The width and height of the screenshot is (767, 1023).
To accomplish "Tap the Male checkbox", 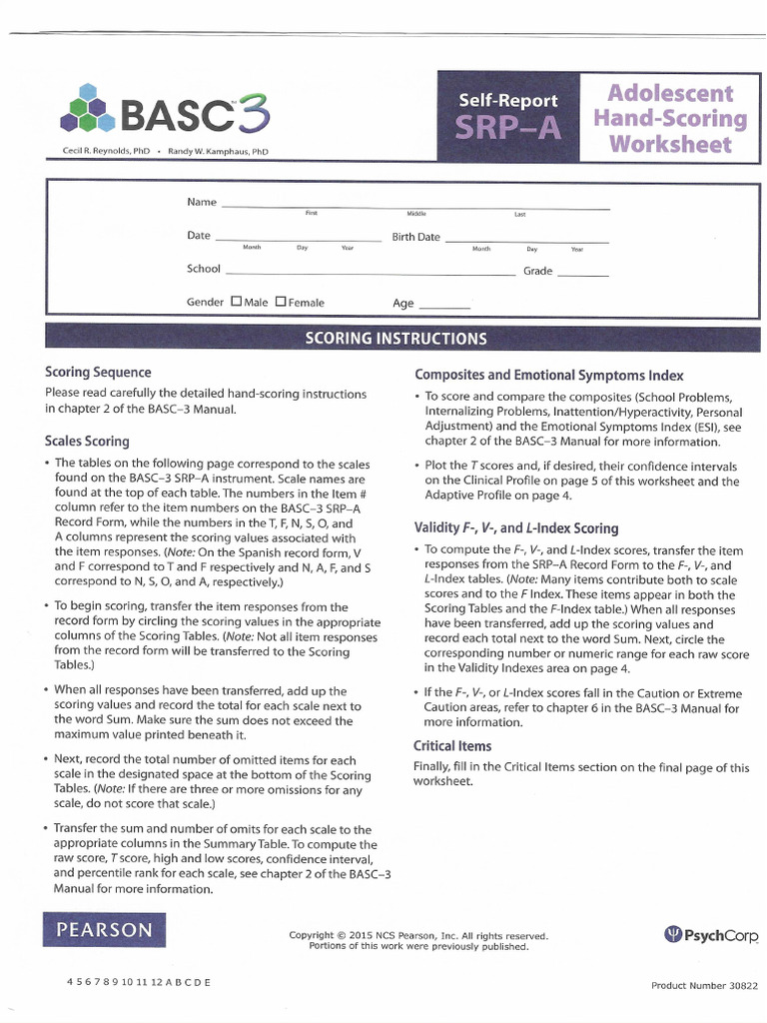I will tap(236, 302).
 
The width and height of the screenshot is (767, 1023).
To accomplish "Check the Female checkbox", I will tap(281, 302).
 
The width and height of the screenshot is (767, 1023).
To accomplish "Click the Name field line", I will tap(414, 206).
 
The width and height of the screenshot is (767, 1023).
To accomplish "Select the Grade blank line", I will tap(582, 273).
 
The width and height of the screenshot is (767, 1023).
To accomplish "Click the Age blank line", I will tap(443, 306).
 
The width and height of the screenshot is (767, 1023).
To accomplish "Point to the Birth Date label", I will tap(415, 237).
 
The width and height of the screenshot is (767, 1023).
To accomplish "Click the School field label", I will tap(203, 269).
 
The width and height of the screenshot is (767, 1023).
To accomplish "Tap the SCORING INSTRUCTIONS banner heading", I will tap(395, 338).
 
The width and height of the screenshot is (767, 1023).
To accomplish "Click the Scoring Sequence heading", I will tap(98, 372).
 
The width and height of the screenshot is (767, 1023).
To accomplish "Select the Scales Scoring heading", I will tap(87, 441).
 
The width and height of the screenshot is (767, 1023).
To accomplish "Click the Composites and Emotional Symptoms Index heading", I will tap(548, 376).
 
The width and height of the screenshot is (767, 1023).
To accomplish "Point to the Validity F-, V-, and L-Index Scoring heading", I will tap(515, 527).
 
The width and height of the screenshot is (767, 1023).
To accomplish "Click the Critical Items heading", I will tap(452, 745).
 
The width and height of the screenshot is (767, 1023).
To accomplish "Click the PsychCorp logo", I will tap(711, 935).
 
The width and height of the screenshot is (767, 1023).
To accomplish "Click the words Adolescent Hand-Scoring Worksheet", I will tap(670, 119).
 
